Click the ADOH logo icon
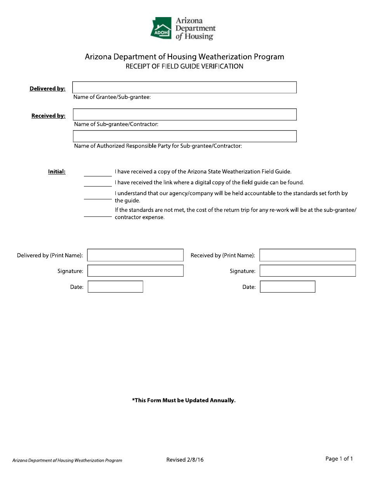161,28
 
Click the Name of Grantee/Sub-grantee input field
184,87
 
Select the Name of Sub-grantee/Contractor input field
184,115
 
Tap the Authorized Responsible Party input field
184,136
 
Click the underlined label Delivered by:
47,89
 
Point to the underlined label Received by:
48,116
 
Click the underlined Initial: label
57,171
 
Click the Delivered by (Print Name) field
135,255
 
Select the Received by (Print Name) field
307,255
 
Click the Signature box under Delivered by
135,271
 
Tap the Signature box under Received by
307,271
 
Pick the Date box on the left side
115,287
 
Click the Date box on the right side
287,287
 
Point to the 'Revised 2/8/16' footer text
185,460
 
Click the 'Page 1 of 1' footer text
339,459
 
